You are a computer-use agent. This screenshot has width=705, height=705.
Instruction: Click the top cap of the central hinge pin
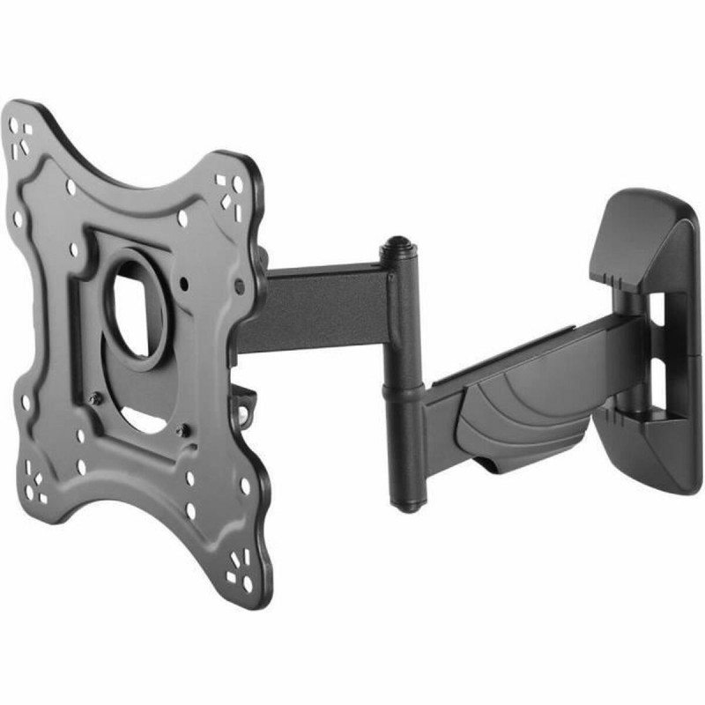tap(399, 243)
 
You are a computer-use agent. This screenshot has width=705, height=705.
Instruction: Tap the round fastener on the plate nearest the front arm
tap(238, 286)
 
